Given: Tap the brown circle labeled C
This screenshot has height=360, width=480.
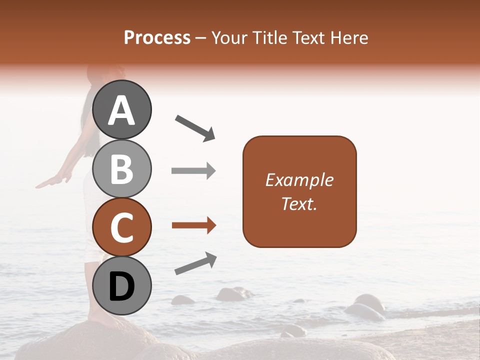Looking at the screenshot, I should click(x=122, y=227).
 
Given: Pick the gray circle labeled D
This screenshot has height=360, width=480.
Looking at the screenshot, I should click(x=122, y=285).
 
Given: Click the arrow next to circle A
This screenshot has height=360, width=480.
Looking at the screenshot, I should click(x=195, y=127).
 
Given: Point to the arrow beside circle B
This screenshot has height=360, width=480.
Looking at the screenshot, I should click(x=193, y=171).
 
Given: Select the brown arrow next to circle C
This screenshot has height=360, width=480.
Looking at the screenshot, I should click(x=194, y=225).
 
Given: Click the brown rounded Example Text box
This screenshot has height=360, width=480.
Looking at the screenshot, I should click(x=299, y=191).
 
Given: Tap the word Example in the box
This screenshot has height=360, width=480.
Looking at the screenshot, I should click(x=299, y=180).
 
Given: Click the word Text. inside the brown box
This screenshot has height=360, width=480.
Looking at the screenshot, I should click(x=299, y=203).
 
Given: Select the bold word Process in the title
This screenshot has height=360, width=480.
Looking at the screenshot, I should click(x=157, y=38).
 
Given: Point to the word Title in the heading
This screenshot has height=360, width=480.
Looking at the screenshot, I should click(x=270, y=38).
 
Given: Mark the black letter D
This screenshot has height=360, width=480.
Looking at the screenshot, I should click(x=122, y=286).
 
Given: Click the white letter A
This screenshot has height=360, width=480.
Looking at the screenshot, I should click(x=122, y=110).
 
